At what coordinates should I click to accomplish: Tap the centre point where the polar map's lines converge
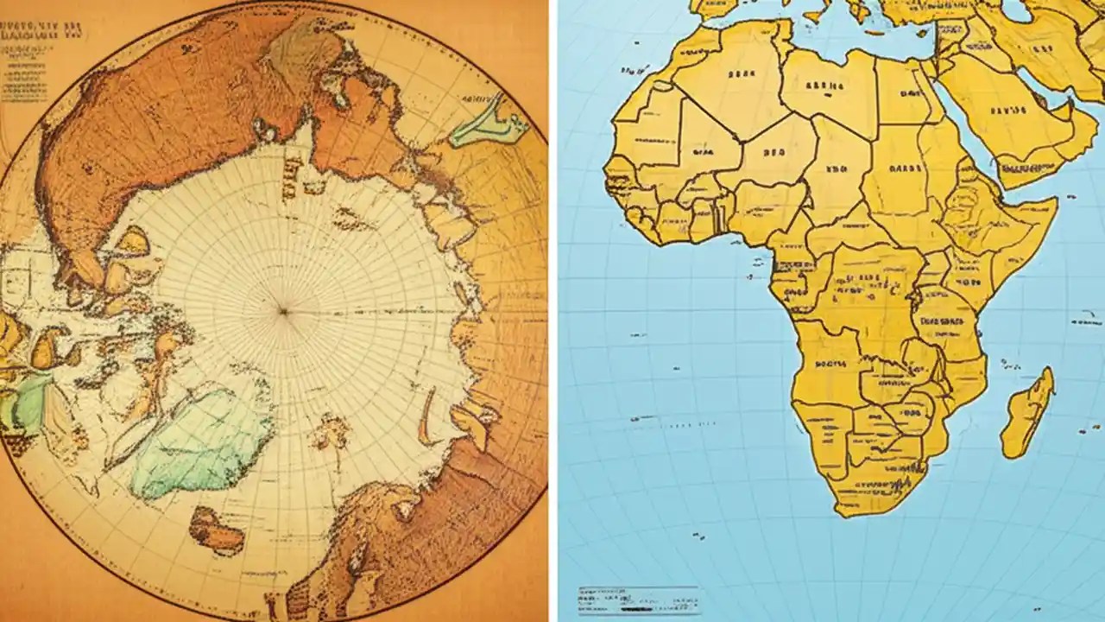click(282, 310)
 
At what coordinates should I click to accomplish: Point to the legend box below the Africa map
click(638, 600)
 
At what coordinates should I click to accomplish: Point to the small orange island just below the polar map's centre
click(331, 429)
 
